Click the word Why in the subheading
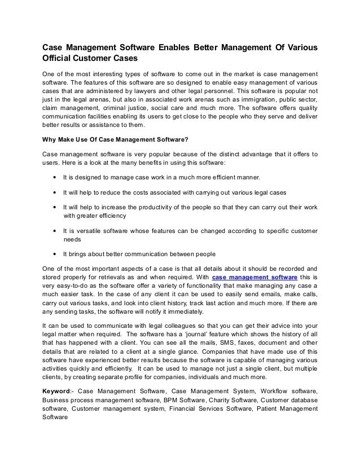coord(52,139)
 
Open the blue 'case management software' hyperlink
coord(248,278)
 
